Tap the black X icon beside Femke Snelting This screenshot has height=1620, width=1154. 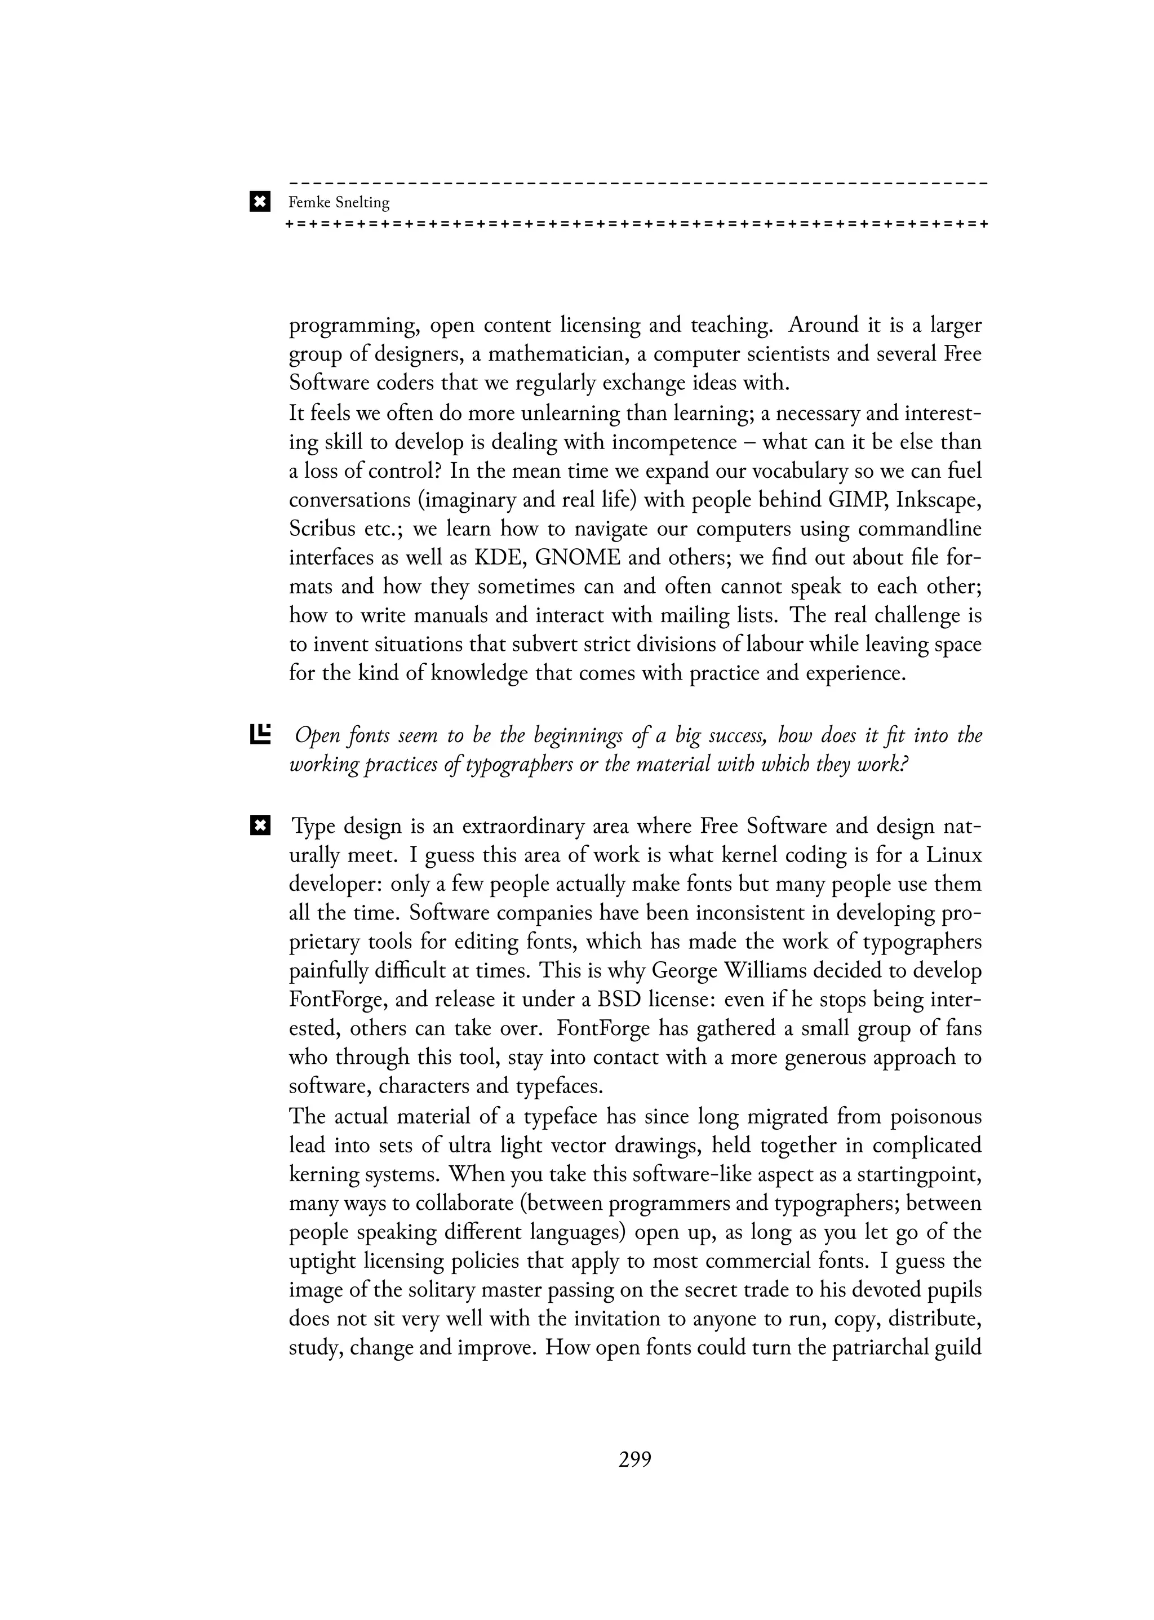(260, 202)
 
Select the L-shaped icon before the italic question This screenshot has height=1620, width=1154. (261, 734)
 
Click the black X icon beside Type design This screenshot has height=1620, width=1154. (260, 825)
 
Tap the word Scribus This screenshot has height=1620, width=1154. (323, 529)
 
